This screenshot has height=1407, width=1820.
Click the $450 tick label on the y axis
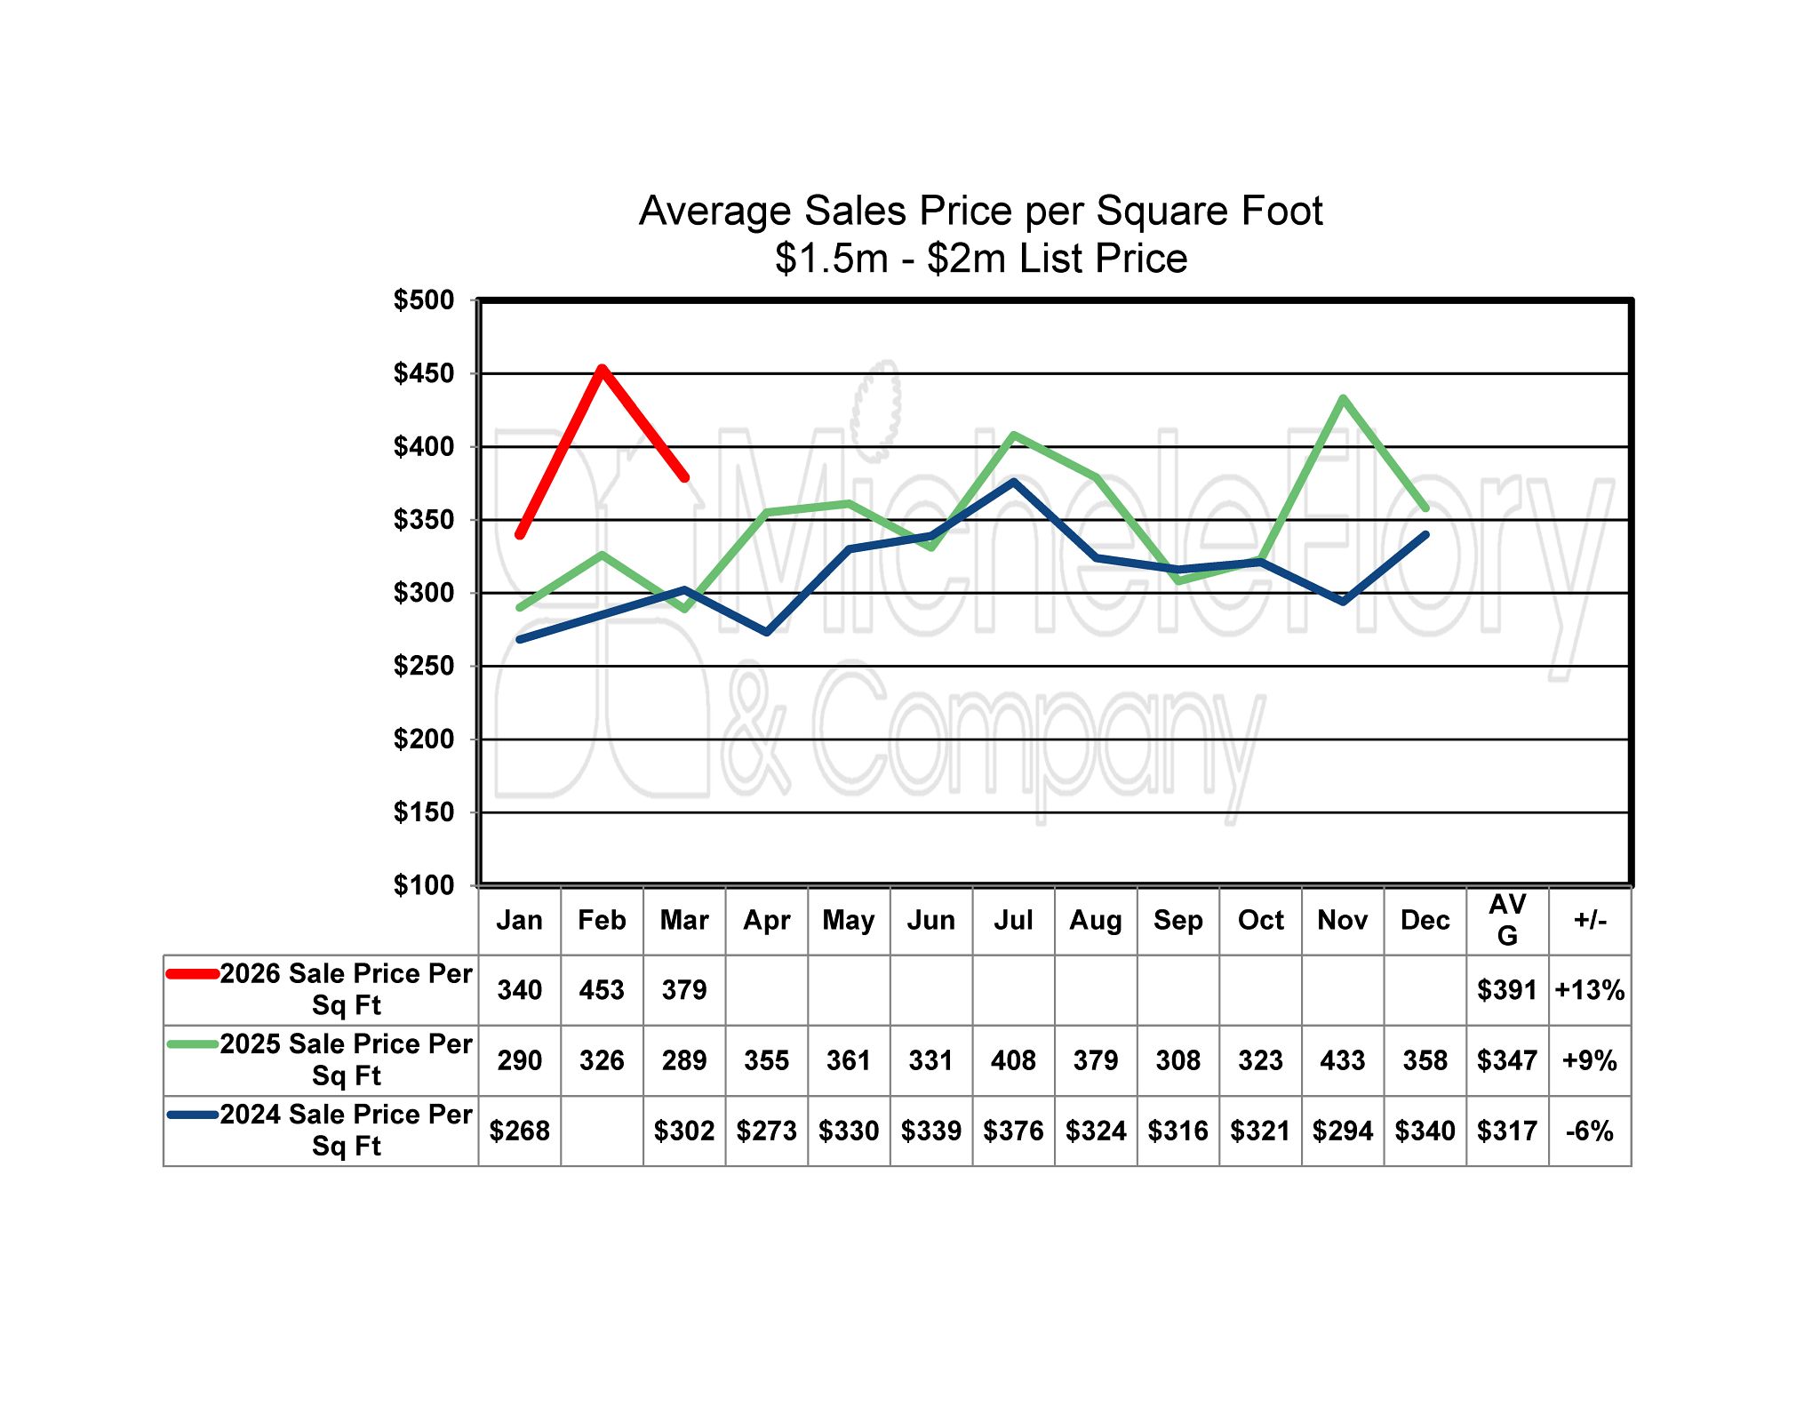click(x=423, y=373)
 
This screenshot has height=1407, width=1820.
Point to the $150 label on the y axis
click(x=423, y=812)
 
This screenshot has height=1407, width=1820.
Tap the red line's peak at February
click(x=603, y=368)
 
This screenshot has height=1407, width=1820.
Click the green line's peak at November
click(x=1343, y=398)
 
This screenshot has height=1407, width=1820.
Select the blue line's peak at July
click(x=1014, y=482)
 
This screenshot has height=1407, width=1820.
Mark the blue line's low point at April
click(x=767, y=632)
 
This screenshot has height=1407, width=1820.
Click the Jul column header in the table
click(x=1013, y=920)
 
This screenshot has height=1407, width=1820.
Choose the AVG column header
click(x=1507, y=920)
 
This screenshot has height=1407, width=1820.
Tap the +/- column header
click(x=1590, y=920)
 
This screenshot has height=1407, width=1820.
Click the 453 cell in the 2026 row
click(x=602, y=990)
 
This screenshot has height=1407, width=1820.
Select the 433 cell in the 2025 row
click(x=1342, y=1060)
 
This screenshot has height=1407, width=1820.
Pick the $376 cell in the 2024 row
click(x=1013, y=1131)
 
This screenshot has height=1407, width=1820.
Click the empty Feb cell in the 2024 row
click(x=602, y=1131)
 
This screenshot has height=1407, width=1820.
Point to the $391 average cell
click(x=1507, y=990)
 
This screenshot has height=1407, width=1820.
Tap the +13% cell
click(x=1590, y=990)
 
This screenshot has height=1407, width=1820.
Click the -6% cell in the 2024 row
click(x=1590, y=1131)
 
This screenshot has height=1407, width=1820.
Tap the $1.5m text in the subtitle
click(x=831, y=259)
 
